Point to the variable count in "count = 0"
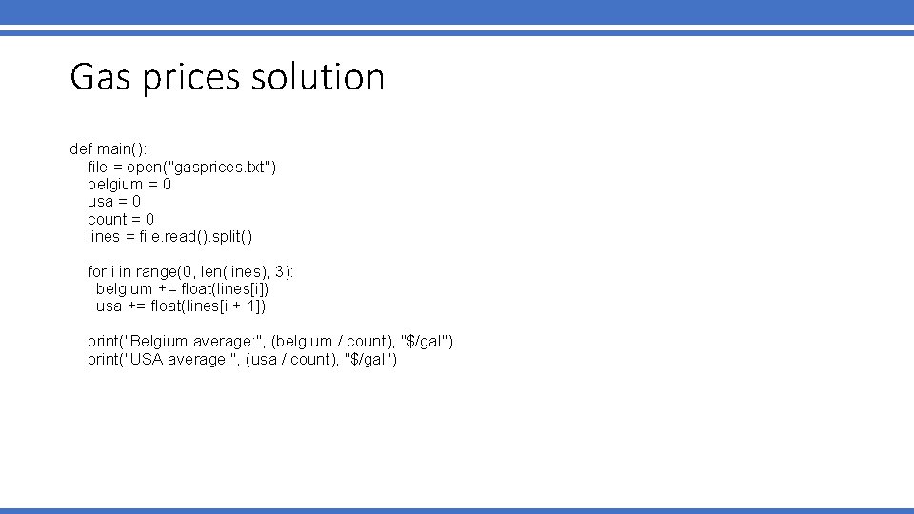(x=109, y=219)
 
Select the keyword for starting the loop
(x=96, y=271)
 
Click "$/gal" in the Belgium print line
(x=428, y=341)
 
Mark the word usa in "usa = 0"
(x=100, y=202)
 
